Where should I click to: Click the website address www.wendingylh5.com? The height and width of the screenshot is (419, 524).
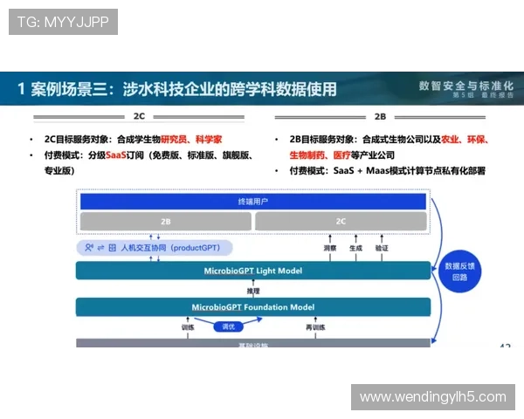(432, 397)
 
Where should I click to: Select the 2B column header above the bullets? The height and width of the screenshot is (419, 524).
(380, 115)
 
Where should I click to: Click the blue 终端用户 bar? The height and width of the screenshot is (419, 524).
(253, 202)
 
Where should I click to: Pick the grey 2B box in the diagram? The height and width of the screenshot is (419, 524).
(165, 223)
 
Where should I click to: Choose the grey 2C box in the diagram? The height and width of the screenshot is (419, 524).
(341, 223)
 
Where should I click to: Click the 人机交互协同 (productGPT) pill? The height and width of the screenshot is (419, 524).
(154, 248)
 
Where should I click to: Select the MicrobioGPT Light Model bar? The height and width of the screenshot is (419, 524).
(253, 271)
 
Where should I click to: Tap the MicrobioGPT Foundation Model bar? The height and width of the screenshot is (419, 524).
(253, 307)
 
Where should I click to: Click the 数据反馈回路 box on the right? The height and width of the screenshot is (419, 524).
(460, 271)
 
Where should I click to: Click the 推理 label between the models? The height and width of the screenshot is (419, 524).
(253, 290)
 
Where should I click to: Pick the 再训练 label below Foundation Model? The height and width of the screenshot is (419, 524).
(315, 327)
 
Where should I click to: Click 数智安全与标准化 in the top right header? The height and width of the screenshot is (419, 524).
(466, 86)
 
